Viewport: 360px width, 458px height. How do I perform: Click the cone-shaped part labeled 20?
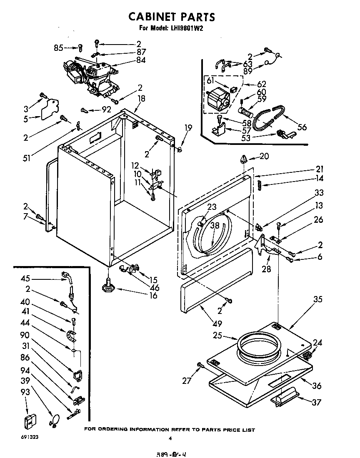[x=244, y=159]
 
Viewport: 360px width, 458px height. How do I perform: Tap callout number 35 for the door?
[x=318, y=299]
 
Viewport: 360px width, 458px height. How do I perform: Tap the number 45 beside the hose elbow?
[x=26, y=279]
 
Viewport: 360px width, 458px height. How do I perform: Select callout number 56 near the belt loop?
[x=302, y=127]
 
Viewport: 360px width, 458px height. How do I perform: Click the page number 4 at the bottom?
[x=170, y=438]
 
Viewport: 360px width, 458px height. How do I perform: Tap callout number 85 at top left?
[x=58, y=47]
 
